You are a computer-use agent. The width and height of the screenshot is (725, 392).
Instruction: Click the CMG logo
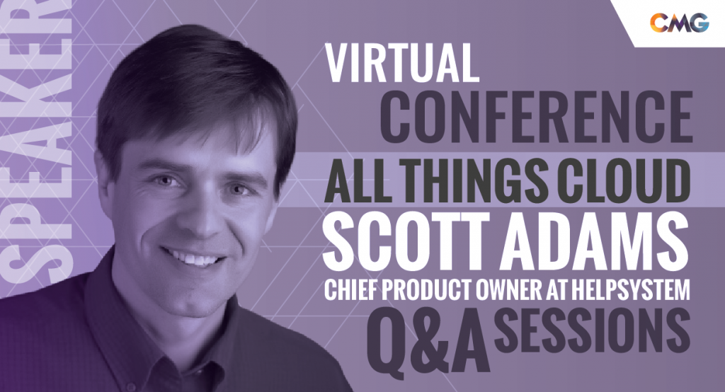(x=679, y=22)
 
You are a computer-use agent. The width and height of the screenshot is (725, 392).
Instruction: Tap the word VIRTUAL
(x=402, y=63)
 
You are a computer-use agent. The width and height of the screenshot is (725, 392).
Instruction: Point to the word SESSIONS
(x=592, y=330)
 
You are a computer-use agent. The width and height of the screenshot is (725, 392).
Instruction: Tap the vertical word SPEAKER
(x=37, y=144)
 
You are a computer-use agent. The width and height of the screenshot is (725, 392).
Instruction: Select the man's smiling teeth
(x=193, y=257)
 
